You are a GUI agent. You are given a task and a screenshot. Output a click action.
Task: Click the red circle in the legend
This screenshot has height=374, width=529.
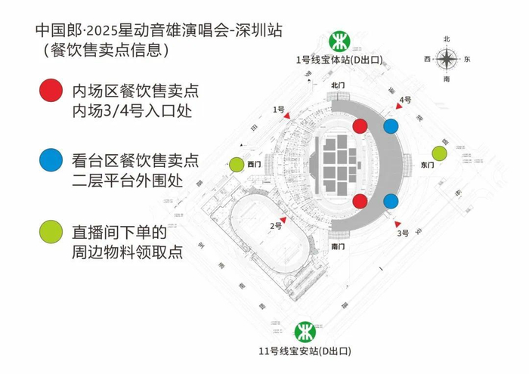[51, 90]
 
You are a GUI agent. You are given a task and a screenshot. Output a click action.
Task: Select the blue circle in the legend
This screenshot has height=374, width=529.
[51, 159]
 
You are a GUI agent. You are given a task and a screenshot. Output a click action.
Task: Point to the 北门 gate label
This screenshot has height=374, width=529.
[338, 86]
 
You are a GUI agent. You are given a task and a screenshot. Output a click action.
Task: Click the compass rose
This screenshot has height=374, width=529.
[447, 58]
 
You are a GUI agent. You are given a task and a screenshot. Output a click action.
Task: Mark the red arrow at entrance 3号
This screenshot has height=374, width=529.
[398, 224]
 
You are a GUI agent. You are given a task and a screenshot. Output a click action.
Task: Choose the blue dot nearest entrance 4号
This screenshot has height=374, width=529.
[391, 126]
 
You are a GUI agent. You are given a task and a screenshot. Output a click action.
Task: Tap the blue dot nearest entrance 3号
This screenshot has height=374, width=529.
[391, 201]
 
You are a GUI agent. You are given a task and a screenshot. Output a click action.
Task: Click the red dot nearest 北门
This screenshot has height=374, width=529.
[360, 125]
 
